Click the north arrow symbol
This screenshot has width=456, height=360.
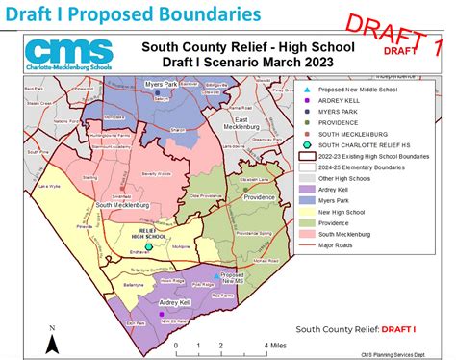pyautogui.click(x=54, y=339)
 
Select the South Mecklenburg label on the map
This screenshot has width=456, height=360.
pyautogui.click(x=119, y=205)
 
